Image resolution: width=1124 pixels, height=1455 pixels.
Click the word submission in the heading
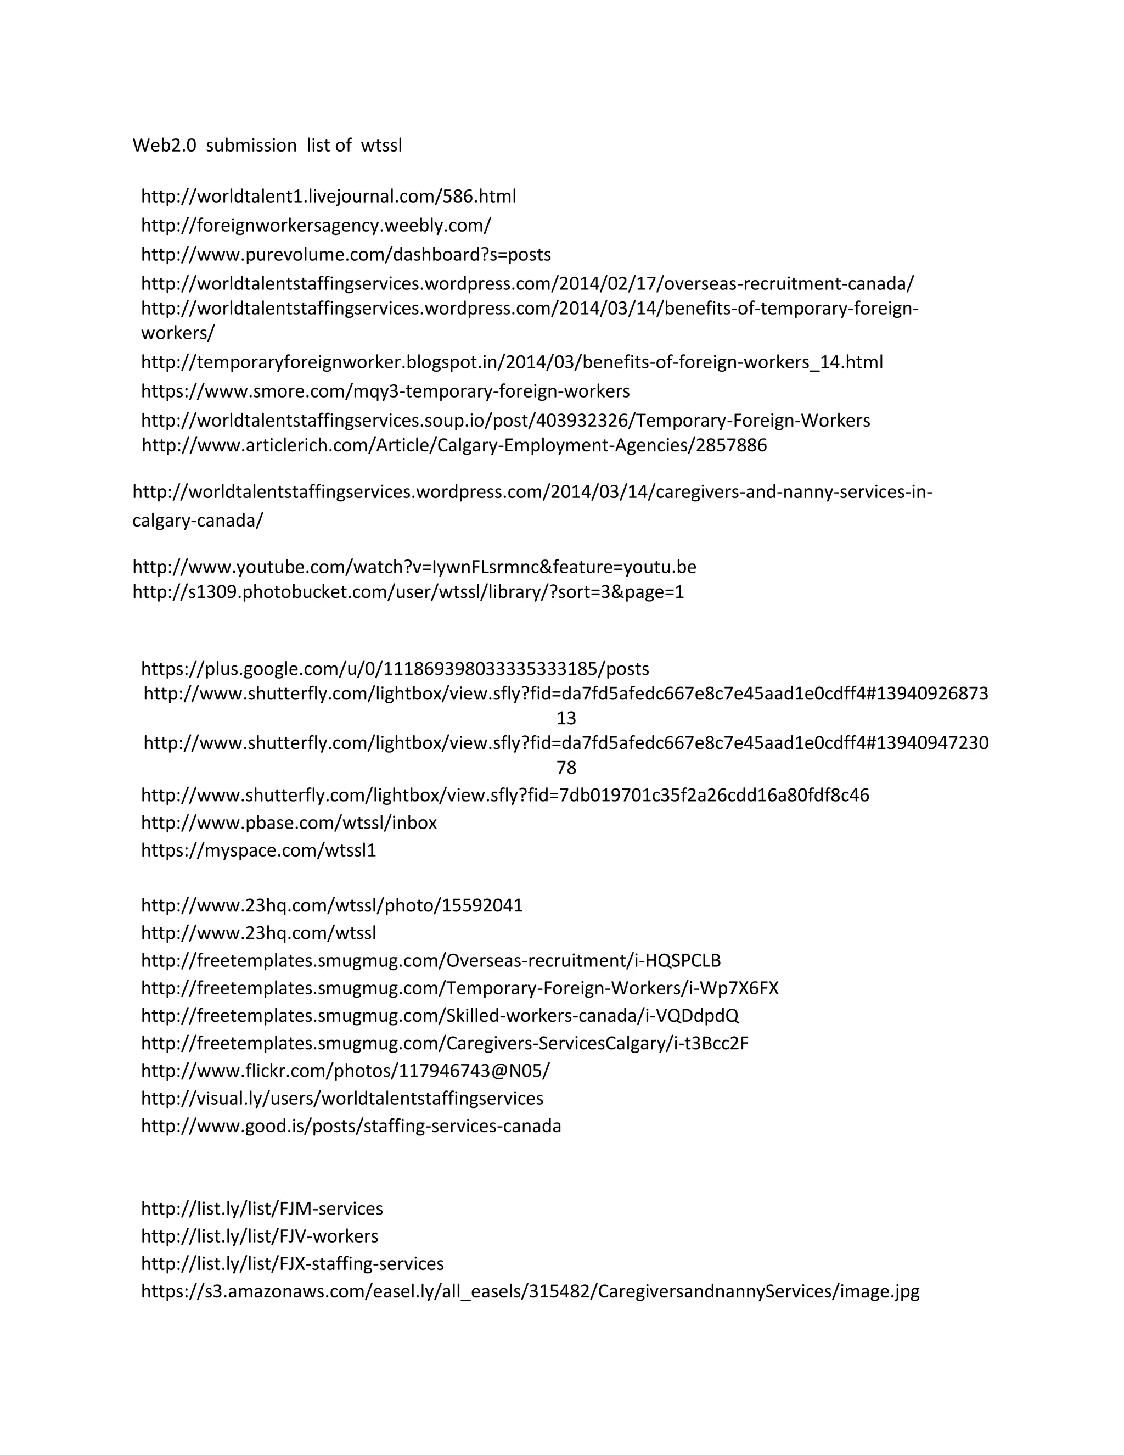tap(251, 145)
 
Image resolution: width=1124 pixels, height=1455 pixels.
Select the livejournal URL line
tap(328, 197)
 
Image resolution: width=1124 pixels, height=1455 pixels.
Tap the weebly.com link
tap(316, 226)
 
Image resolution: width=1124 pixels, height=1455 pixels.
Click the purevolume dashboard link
tap(346, 255)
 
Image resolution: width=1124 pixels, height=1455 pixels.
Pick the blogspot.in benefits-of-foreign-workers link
tap(512, 362)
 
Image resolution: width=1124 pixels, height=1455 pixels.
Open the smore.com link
tap(385, 391)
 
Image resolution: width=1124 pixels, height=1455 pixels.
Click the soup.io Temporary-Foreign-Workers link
tap(505, 421)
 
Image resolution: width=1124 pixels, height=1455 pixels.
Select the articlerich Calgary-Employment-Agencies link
tap(454, 445)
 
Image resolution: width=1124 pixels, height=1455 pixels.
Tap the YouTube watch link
tap(414, 567)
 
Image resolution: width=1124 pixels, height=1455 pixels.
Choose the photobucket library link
tap(408, 591)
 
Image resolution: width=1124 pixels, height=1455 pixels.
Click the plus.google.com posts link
tap(395, 669)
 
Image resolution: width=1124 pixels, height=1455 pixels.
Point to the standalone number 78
tap(566, 768)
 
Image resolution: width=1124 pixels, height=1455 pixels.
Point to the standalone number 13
tap(566, 718)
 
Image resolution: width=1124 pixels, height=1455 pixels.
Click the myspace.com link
tap(258, 850)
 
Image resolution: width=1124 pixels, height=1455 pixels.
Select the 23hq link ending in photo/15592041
tap(331, 905)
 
